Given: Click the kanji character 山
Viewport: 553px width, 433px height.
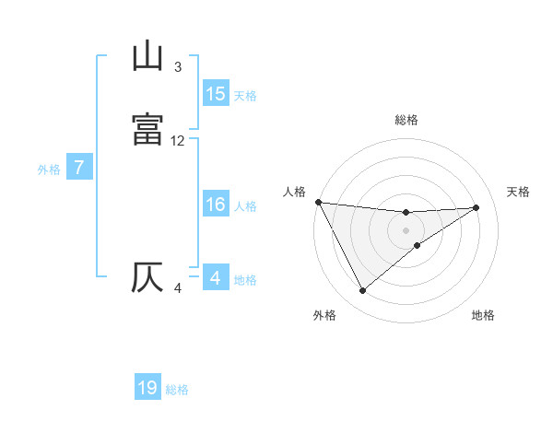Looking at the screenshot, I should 147,58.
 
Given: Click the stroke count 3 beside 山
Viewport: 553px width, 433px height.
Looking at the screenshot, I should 178,67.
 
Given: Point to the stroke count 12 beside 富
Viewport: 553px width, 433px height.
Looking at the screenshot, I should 178,141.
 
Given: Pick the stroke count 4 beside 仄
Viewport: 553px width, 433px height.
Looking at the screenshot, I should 178,288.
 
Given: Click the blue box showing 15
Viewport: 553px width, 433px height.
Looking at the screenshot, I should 215,94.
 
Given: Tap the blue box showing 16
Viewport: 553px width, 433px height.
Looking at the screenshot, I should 215,205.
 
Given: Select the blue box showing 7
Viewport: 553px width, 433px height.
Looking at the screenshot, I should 79,169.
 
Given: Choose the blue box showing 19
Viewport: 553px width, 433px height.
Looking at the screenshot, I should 147,388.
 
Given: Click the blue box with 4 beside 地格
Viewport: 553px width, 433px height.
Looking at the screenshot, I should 215,278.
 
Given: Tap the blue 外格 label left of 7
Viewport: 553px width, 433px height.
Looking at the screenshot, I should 48,170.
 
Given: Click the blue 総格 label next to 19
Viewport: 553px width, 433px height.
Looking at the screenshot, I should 177,390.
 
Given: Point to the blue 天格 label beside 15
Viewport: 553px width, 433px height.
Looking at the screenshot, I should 245,96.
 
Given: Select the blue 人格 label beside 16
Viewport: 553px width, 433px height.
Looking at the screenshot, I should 245,206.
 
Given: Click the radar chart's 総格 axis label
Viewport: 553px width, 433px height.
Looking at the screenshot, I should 406,120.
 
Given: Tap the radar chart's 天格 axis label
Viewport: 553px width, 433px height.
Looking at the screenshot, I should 518,192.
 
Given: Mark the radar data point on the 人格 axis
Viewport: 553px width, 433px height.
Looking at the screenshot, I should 318,202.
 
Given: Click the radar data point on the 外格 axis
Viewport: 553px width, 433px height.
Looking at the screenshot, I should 362,291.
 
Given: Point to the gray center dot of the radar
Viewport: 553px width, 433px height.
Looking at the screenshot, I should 406,230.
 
